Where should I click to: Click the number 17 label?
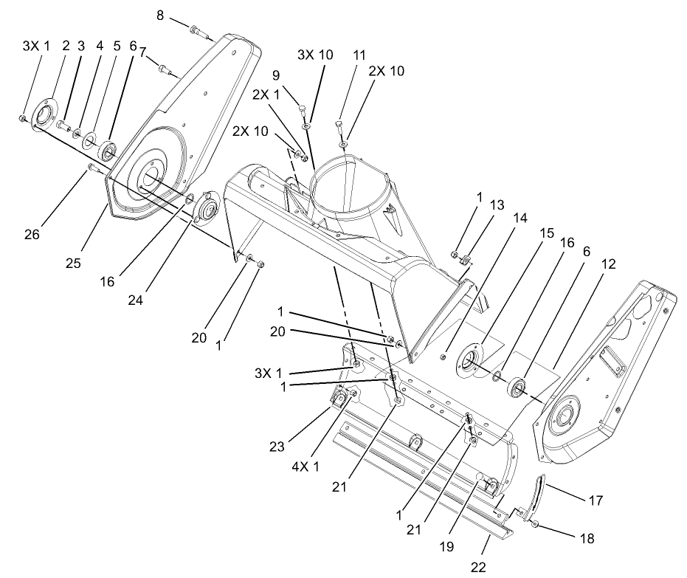pyautogui.click(x=595, y=500)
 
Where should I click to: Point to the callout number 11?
pyautogui.click(x=359, y=55)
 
